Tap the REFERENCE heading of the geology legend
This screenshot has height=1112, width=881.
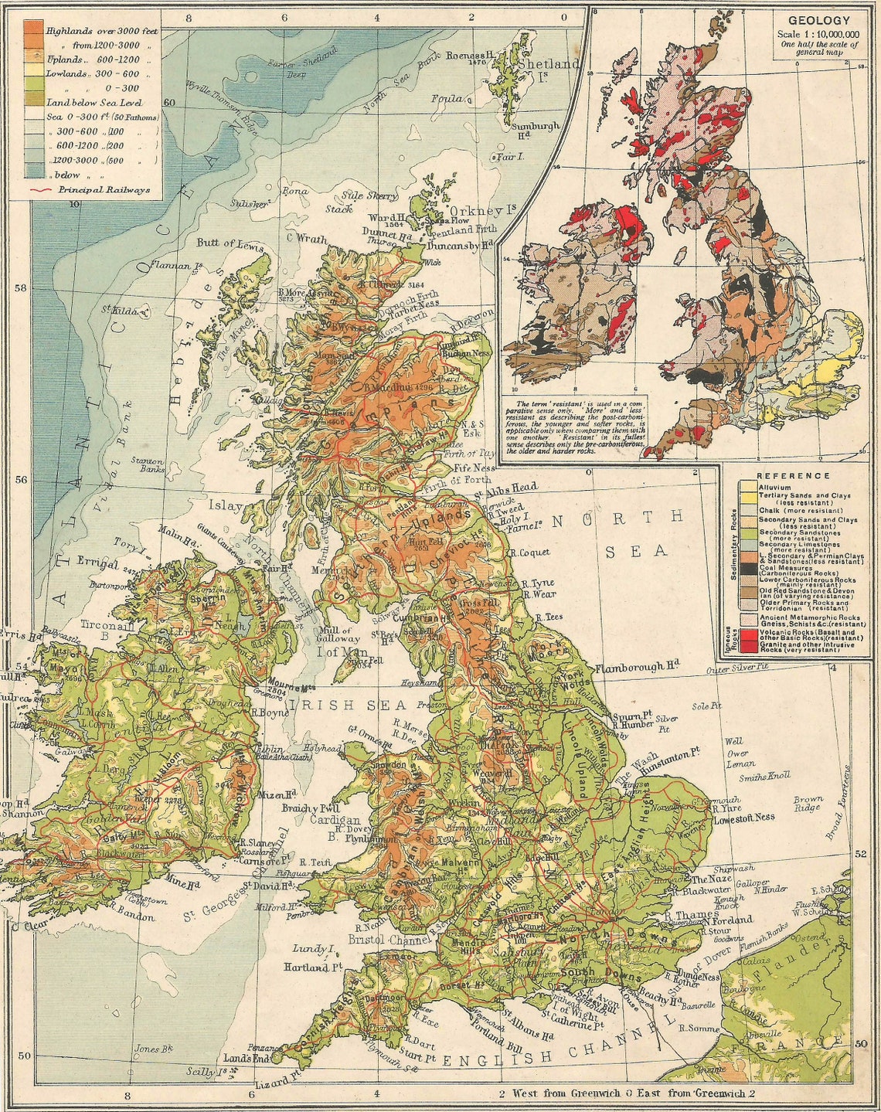(x=794, y=476)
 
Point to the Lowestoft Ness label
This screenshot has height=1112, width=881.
(x=743, y=818)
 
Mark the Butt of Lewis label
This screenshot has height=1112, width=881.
(x=230, y=243)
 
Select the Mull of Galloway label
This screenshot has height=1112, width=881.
(x=336, y=634)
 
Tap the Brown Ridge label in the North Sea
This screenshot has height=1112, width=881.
(x=808, y=804)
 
